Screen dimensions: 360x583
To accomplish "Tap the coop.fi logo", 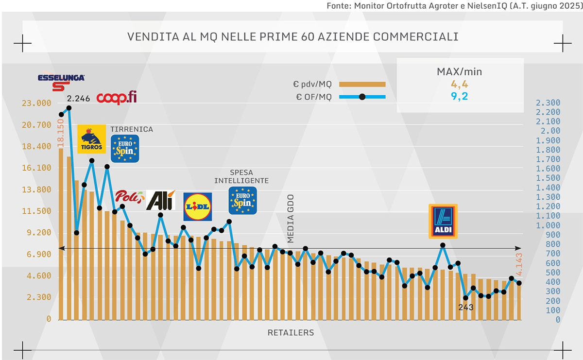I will (x=117, y=98).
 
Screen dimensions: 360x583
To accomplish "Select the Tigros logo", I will (x=91, y=138).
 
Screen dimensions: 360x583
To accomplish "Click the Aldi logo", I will (x=443, y=221).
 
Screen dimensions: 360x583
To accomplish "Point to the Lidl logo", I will (x=197, y=206).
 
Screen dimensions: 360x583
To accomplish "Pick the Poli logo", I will (x=129, y=198).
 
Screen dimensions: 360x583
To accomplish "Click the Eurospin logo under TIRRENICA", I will (x=125, y=148).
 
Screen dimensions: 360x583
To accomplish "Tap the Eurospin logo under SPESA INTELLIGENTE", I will (x=242, y=200).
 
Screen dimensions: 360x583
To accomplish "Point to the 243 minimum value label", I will (x=465, y=307).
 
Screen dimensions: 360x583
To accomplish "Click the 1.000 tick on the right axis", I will (x=548, y=225).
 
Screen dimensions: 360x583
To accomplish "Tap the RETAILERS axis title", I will (x=291, y=333).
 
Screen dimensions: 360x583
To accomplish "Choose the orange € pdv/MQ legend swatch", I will (x=362, y=84).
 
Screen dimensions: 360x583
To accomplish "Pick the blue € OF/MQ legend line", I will (x=362, y=97).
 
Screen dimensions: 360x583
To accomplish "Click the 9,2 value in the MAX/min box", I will (x=460, y=97).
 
